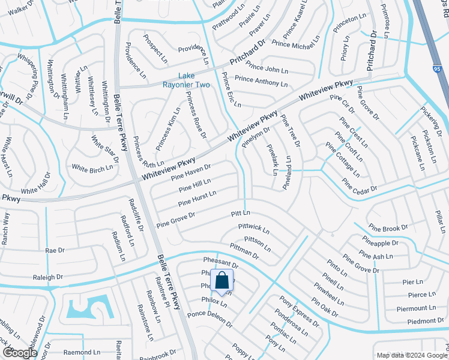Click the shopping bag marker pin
[x=221, y=281]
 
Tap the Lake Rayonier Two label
[x=194, y=80]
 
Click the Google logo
[x=19, y=353]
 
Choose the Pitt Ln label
[x=240, y=214]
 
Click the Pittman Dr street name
[x=244, y=251]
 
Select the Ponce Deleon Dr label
[x=209, y=319]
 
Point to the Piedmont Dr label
[x=417, y=321]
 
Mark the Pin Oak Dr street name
[x=325, y=307]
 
